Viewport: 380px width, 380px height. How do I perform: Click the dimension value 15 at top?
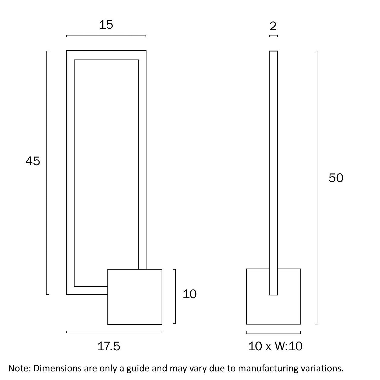(x=106, y=25)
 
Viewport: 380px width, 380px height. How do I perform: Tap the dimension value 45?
(x=33, y=161)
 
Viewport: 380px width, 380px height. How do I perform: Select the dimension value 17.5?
(x=109, y=346)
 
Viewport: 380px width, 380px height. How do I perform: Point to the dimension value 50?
(x=336, y=178)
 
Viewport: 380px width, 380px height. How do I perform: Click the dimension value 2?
(x=273, y=26)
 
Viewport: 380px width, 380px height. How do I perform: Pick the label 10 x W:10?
(x=275, y=346)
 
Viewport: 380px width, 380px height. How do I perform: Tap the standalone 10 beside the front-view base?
(x=189, y=294)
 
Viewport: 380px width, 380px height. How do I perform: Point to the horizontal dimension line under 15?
(x=106, y=35)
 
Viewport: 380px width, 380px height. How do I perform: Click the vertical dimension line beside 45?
(x=47, y=172)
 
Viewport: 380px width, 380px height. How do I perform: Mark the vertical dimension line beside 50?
(x=318, y=187)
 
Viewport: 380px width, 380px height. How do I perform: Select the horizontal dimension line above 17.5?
(x=114, y=332)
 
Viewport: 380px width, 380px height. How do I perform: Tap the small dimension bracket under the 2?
(x=273, y=35)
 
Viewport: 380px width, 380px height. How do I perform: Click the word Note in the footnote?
(x=18, y=368)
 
